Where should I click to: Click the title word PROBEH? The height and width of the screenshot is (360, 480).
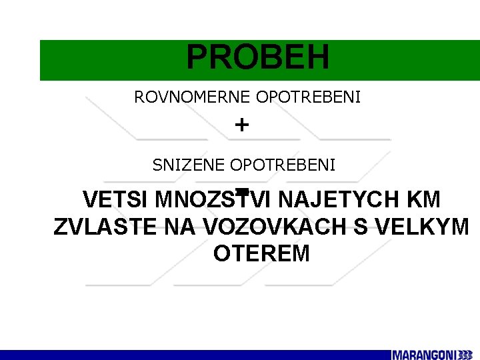pyautogui.click(x=257, y=58)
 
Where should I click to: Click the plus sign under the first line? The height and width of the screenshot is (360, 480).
pyautogui.click(x=242, y=125)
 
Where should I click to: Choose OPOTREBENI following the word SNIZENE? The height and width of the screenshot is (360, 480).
pyautogui.click(x=283, y=165)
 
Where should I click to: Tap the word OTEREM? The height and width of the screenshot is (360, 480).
pyautogui.click(x=261, y=253)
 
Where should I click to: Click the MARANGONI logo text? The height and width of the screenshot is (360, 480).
pyautogui.click(x=423, y=355)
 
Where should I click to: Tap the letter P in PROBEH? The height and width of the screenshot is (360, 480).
pyautogui.click(x=197, y=58)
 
